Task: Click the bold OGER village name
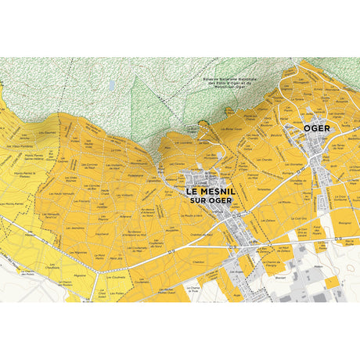click(317, 127)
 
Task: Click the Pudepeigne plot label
click(136, 176)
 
